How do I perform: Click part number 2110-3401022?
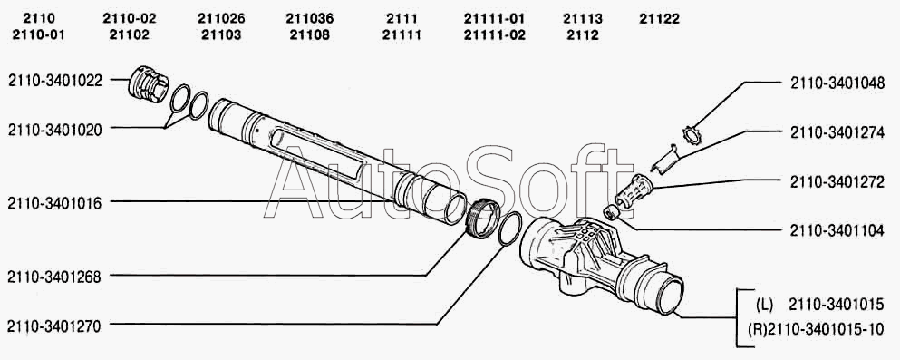(x=55, y=81)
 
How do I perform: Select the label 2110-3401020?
(x=55, y=130)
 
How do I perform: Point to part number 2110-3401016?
(x=55, y=203)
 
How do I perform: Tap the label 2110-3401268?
(x=55, y=277)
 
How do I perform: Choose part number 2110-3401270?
(x=55, y=326)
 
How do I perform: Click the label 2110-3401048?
(x=837, y=83)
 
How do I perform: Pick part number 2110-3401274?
(x=837, y=132)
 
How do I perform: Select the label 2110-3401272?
(x=837, y=182)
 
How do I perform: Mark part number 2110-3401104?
(x=837, y=231)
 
